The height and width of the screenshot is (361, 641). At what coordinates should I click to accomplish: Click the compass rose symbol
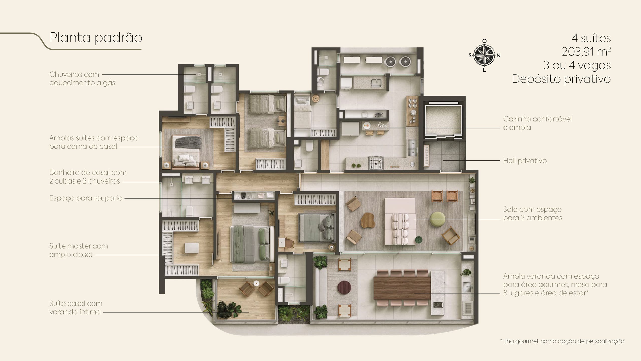pyautogui.click(x=484, y=55)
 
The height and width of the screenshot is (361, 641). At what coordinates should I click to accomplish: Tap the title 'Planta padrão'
pyautogui.click(x=96, y=38)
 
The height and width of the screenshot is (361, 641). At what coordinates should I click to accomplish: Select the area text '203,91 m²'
pyautogui.click(x=586, y=52)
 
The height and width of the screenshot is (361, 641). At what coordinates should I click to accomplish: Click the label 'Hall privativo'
pyautogui.click(x=525, y=161)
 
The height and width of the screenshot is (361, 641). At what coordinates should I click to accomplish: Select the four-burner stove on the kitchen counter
pyautogui.click(x=376, y=163)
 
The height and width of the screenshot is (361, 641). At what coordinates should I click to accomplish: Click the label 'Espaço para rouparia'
pyautogui.click(x=86, y=198)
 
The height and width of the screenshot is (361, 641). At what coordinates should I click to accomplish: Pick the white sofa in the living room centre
pyautogui.click(x=400, y=222)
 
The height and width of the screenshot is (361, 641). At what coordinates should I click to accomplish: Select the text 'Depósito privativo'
pyautogui.click(x=561, y=79)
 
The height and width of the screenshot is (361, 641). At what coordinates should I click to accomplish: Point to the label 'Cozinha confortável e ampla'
pyautogui.click(x=537, y=123)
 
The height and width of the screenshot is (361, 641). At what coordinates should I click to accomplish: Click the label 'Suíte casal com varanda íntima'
pyautogui.click(x=76, y=308)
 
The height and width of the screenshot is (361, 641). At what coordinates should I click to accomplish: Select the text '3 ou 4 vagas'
pyautogui.click(x=577, y=65)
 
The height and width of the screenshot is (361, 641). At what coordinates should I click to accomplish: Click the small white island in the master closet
pyautogui.click(x=192, y=248)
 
